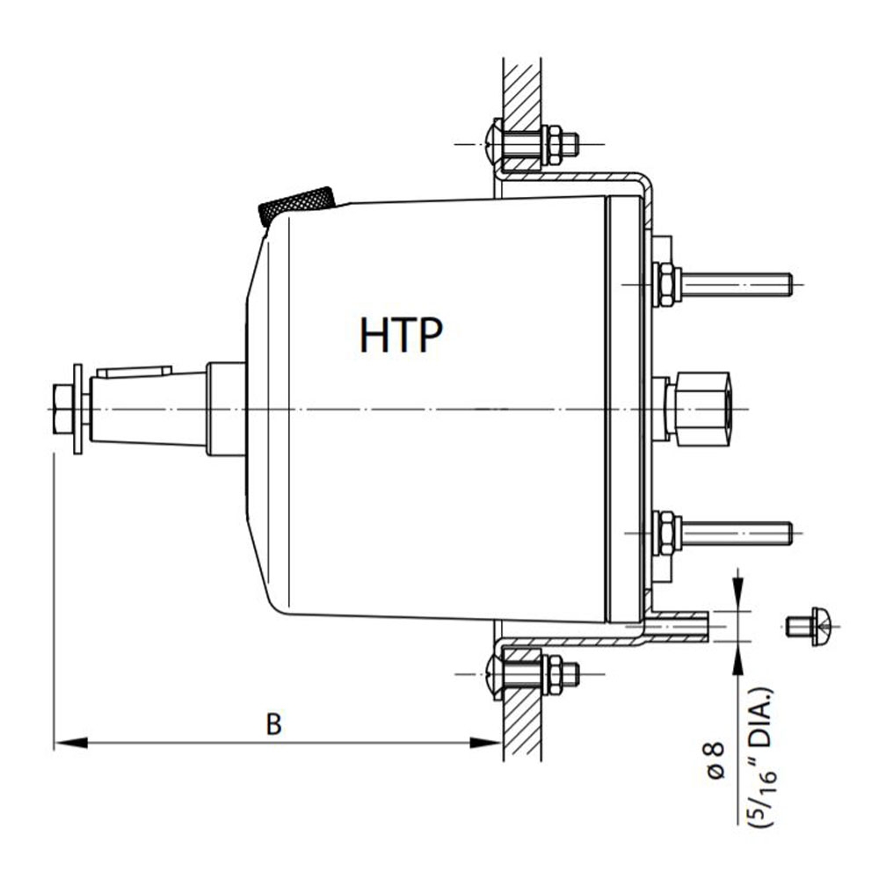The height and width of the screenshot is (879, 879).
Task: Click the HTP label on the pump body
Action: pyautogui.click(x=400, y=334)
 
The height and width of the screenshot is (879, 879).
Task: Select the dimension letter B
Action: pyautogui.click(x=274, y=724)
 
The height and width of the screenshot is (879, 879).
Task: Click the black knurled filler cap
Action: pyautogui.click(x=296, y=206)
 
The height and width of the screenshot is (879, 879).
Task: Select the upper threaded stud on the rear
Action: pyautogui.click(x=737, y=285)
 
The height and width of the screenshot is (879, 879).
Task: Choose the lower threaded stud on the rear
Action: pyautogui.click(x=737, y=533)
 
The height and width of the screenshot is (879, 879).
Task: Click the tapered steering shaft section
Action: pyautogui.click(x=149, y=410)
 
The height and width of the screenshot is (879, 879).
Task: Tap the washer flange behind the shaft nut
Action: pyautogui.click(x=78, y=410)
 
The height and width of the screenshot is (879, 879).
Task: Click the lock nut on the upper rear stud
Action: pyautogui.click(x=665, y=285)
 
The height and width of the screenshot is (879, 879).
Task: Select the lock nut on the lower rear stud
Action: pyautogui.click(x=665, y=533)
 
